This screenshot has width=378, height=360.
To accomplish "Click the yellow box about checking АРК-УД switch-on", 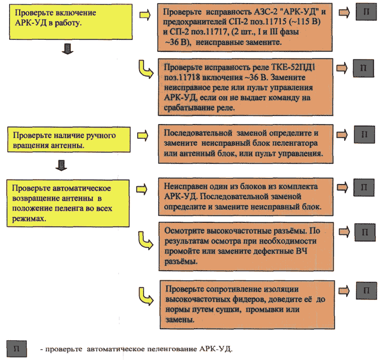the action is pyautogui.click(x=71, y=22).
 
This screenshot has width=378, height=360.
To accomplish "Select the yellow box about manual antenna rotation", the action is pyautogui.click(x=69, y=140).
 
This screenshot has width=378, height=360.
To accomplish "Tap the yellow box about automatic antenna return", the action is pyautogui.click(x=68, y=203).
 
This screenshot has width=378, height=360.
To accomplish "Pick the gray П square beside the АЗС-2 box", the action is pyautogui.click(x=366, y=12).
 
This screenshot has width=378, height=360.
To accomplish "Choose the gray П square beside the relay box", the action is pyautogui.click(x=363, y=68).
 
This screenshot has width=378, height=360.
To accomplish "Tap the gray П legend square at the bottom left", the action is pyautogui.click(x=17, y=349).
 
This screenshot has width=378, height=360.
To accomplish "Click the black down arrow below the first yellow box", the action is pyautogui.click(x=68, y=49).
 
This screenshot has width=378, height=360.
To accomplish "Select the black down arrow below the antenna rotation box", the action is pyautogui.click(x=61, y=165).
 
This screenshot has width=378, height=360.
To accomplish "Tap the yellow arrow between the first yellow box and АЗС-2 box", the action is pyautogui.click(x=145, y=15).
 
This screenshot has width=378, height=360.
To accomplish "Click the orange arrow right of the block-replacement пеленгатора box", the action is pyautogui.click(x=342, y=135).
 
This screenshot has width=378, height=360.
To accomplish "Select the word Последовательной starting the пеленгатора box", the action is pyautogui.click(x=198, y=133).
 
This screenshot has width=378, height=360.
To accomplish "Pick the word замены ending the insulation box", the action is pyautogui.click(x=180, y=320).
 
